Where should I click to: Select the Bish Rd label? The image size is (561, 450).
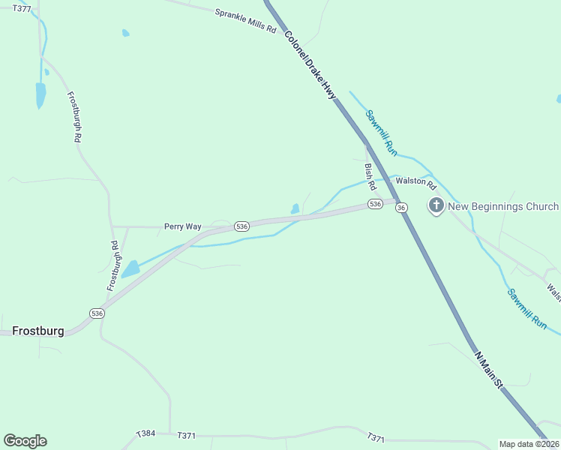pos(370,178)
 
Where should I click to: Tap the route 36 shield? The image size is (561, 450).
pos(402,207)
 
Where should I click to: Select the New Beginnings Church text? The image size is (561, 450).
pos(503,206)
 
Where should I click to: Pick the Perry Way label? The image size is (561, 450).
pos(183,226)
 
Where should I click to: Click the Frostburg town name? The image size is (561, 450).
pos(38,331)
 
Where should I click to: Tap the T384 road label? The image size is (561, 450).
pos(145,433)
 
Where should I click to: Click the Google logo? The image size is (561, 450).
pos(25,441)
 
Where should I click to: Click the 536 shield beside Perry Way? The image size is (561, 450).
pos(241,226)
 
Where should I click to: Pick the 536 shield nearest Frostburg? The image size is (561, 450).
pos(97,313)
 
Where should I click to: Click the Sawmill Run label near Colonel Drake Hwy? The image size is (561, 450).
pos(381,133)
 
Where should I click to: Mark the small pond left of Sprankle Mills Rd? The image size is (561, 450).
pos(125,33)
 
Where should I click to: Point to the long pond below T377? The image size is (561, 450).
pos(40,94)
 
